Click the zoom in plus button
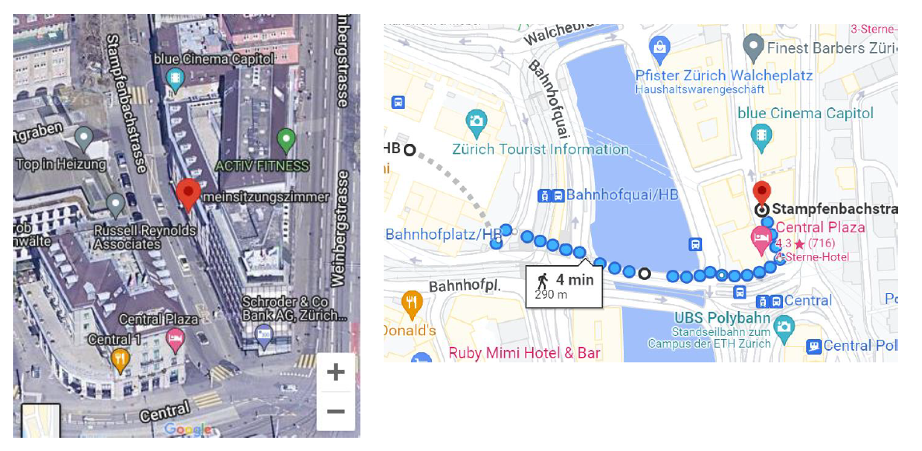(x=336, y=372)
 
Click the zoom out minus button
(x=336, y=411)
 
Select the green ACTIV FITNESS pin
(x=286, y=141)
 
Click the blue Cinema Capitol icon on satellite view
(x=176, y=77)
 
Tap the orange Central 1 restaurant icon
(x=120, y=358)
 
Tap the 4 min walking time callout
(x=564, y=285)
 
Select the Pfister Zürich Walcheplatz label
(x=723, y=75)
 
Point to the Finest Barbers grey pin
(x=752, y=47)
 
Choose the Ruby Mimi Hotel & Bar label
(x=524, y=353)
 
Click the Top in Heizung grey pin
(x=83, y=140)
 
